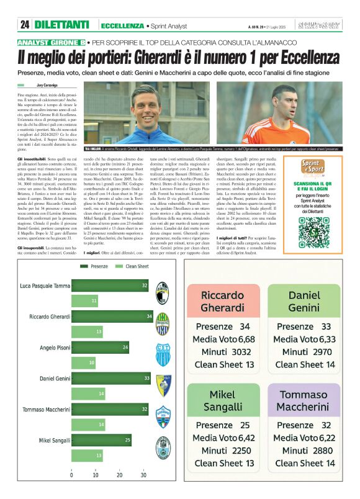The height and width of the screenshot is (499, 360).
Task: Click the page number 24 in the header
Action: coord(24,25)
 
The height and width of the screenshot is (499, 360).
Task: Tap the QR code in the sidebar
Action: coord(303,229)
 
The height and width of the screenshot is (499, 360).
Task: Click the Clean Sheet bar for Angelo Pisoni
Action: coord(84,362)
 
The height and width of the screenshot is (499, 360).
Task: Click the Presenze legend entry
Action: coord(94,266)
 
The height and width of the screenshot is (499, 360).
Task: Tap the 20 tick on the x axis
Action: coord(119,475)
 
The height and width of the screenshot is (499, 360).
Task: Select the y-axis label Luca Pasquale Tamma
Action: coord(45,285)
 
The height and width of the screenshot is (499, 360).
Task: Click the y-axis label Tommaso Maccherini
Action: coord(45,409)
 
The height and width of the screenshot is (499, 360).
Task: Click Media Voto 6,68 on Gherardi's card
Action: coord(224,339)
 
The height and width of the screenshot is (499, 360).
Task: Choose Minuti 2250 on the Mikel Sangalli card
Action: coord(224,451)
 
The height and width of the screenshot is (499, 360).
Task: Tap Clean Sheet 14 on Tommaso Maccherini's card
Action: coord(304,463)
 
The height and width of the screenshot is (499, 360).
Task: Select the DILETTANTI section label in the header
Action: coord(62,25)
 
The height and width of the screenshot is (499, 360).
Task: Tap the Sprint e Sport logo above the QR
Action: coord(303,169)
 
